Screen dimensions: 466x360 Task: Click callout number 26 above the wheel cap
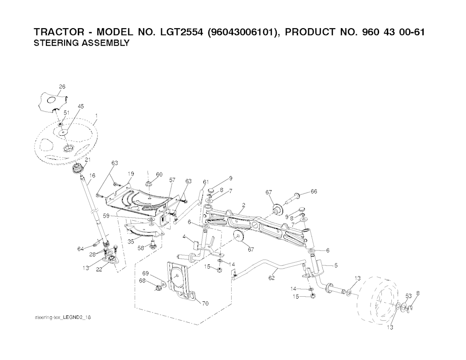coord(62,87)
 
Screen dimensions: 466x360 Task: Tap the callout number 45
coord(81,106)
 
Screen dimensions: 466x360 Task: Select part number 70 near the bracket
coord(205,304)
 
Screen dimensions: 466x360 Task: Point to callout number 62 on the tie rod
coord(271,278)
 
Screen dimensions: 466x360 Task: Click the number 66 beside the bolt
coord(314,192)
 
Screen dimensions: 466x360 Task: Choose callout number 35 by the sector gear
coord(131,242)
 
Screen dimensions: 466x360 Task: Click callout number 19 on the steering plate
coord(131,174)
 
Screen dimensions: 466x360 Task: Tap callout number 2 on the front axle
coord(244,205)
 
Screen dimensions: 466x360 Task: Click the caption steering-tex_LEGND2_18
coord(63,318)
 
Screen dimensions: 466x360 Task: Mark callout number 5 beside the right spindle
coord(336,265)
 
